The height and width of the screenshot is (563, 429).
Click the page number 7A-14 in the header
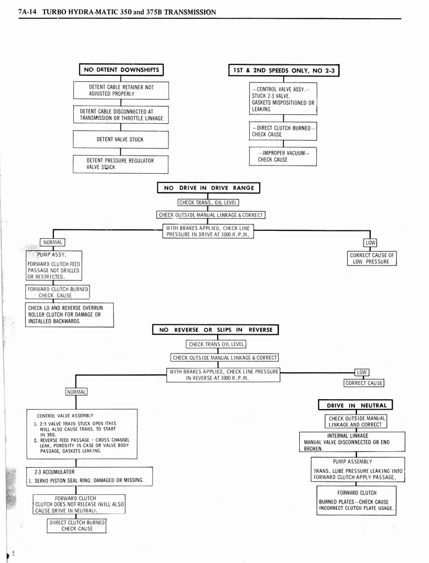[x=27, y=12]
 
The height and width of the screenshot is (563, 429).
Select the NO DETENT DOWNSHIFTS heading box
[x=121, y=70]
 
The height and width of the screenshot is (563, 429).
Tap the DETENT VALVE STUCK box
[x=120, y=140]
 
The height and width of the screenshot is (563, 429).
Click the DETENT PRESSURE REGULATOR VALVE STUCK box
[x=120, y=164]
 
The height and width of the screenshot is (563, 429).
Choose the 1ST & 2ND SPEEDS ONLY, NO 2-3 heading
[x=284, y=70]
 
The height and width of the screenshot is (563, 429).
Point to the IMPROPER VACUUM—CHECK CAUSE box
[x=283, y=156]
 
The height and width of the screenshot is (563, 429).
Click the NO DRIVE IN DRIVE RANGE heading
[x=208, y=188]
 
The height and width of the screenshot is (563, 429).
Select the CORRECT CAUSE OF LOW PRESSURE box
[x=372, y=258]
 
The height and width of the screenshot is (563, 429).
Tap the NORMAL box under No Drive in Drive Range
[x=52, y=242]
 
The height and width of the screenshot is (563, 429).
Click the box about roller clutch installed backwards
[x=69, y=315]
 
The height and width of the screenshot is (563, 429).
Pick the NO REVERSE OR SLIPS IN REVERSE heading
[x=216, y=330]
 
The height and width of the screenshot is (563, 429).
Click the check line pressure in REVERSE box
[x=224, y=375]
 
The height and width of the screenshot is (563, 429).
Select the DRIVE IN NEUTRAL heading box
[x=356, y=406]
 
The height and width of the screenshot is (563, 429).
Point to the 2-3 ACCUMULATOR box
[x=90, y=476]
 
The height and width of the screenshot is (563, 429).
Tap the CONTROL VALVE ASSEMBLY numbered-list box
[x=82, y=434]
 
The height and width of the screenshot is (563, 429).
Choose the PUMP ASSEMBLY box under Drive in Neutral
[x=358, y=470]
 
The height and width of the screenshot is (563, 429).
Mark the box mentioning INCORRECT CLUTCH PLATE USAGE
[x=356, y=500]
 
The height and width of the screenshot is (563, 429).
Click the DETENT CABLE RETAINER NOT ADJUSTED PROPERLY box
[x=121, y=90]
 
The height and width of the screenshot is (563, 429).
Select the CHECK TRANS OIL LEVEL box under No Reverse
[x=216, y=344]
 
